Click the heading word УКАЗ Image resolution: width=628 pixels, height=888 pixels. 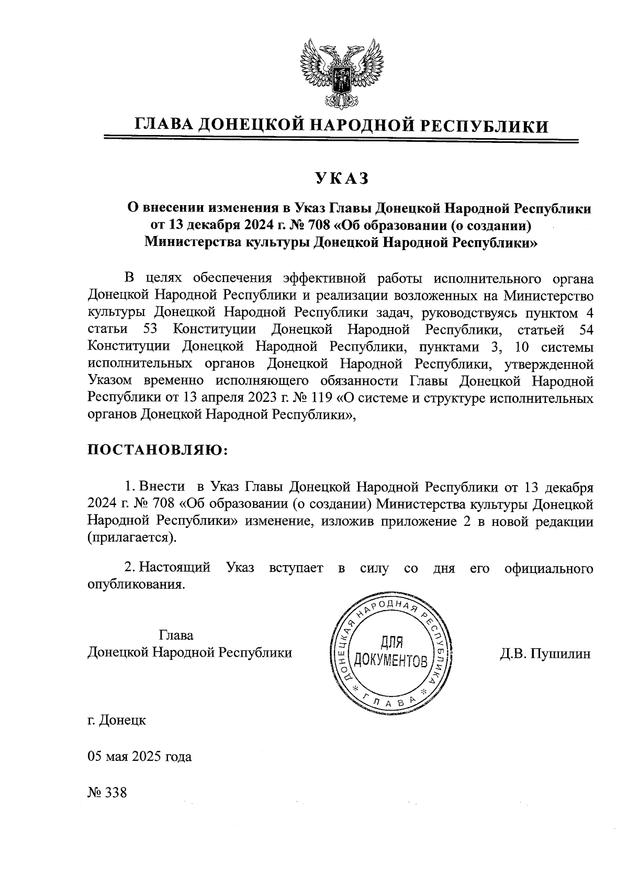341,179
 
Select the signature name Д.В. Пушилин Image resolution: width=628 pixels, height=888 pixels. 545,653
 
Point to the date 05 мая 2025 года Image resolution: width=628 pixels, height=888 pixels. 139,757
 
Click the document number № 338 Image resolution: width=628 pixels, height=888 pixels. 107,792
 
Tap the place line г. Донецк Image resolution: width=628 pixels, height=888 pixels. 117,721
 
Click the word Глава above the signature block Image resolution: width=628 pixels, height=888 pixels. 176,636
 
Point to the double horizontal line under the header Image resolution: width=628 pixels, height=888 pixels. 341,139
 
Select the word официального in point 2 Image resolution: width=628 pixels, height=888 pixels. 549,568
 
